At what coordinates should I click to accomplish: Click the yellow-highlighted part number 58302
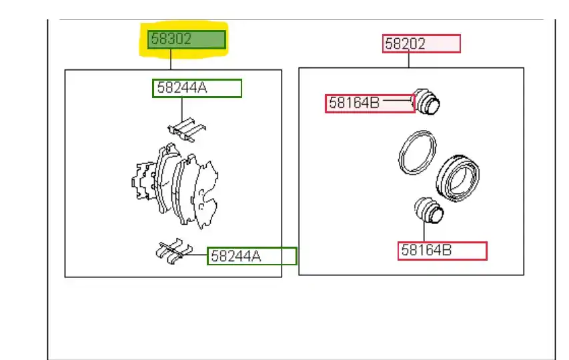187,39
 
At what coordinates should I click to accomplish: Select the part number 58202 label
422,44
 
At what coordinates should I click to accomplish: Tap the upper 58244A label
197,88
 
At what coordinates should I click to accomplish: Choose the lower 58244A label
252,256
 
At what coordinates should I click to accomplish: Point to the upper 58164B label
370,103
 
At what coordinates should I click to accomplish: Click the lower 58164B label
442,251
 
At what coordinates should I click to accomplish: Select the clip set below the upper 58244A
187,129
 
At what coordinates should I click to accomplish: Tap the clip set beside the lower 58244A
174,251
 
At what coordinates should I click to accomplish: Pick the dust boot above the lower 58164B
429,210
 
